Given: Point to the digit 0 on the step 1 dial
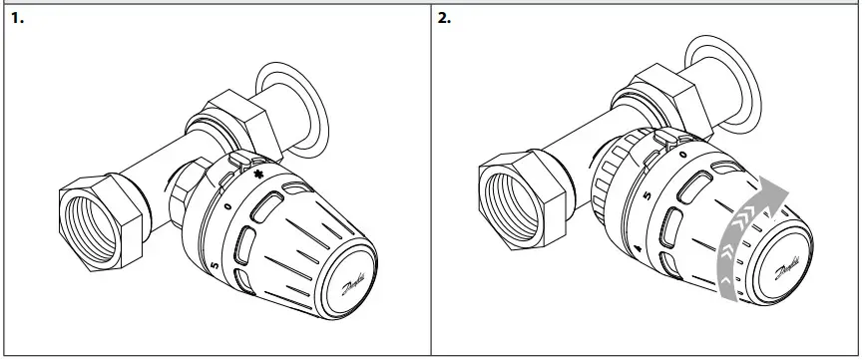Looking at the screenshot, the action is click(228, 203).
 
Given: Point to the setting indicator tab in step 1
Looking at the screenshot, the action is click(239, 159).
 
